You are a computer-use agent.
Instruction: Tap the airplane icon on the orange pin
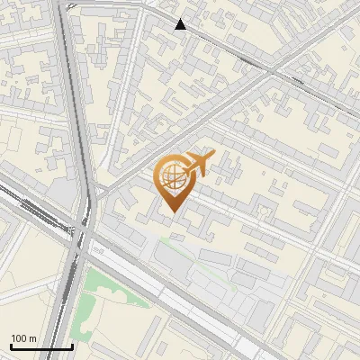(198, 165)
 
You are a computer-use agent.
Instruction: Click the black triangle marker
(181, 24)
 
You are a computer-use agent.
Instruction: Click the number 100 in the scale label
(19, 338)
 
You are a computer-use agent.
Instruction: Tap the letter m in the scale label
(33, 338)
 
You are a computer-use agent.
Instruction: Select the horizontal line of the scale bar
(41, 346)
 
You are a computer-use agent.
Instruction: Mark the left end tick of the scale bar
(11, 345)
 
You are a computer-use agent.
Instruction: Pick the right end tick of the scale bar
(72, 345)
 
